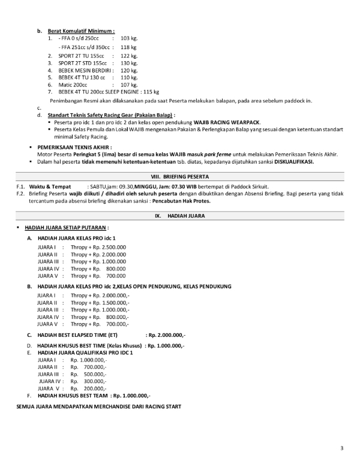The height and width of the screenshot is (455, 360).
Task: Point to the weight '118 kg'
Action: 128,47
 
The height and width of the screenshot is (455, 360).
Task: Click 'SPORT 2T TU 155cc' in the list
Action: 82,55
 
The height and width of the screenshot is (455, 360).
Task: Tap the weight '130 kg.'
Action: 130,62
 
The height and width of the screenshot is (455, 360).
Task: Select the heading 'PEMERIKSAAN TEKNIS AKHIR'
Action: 74,146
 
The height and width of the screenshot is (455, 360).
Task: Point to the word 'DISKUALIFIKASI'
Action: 293,162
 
